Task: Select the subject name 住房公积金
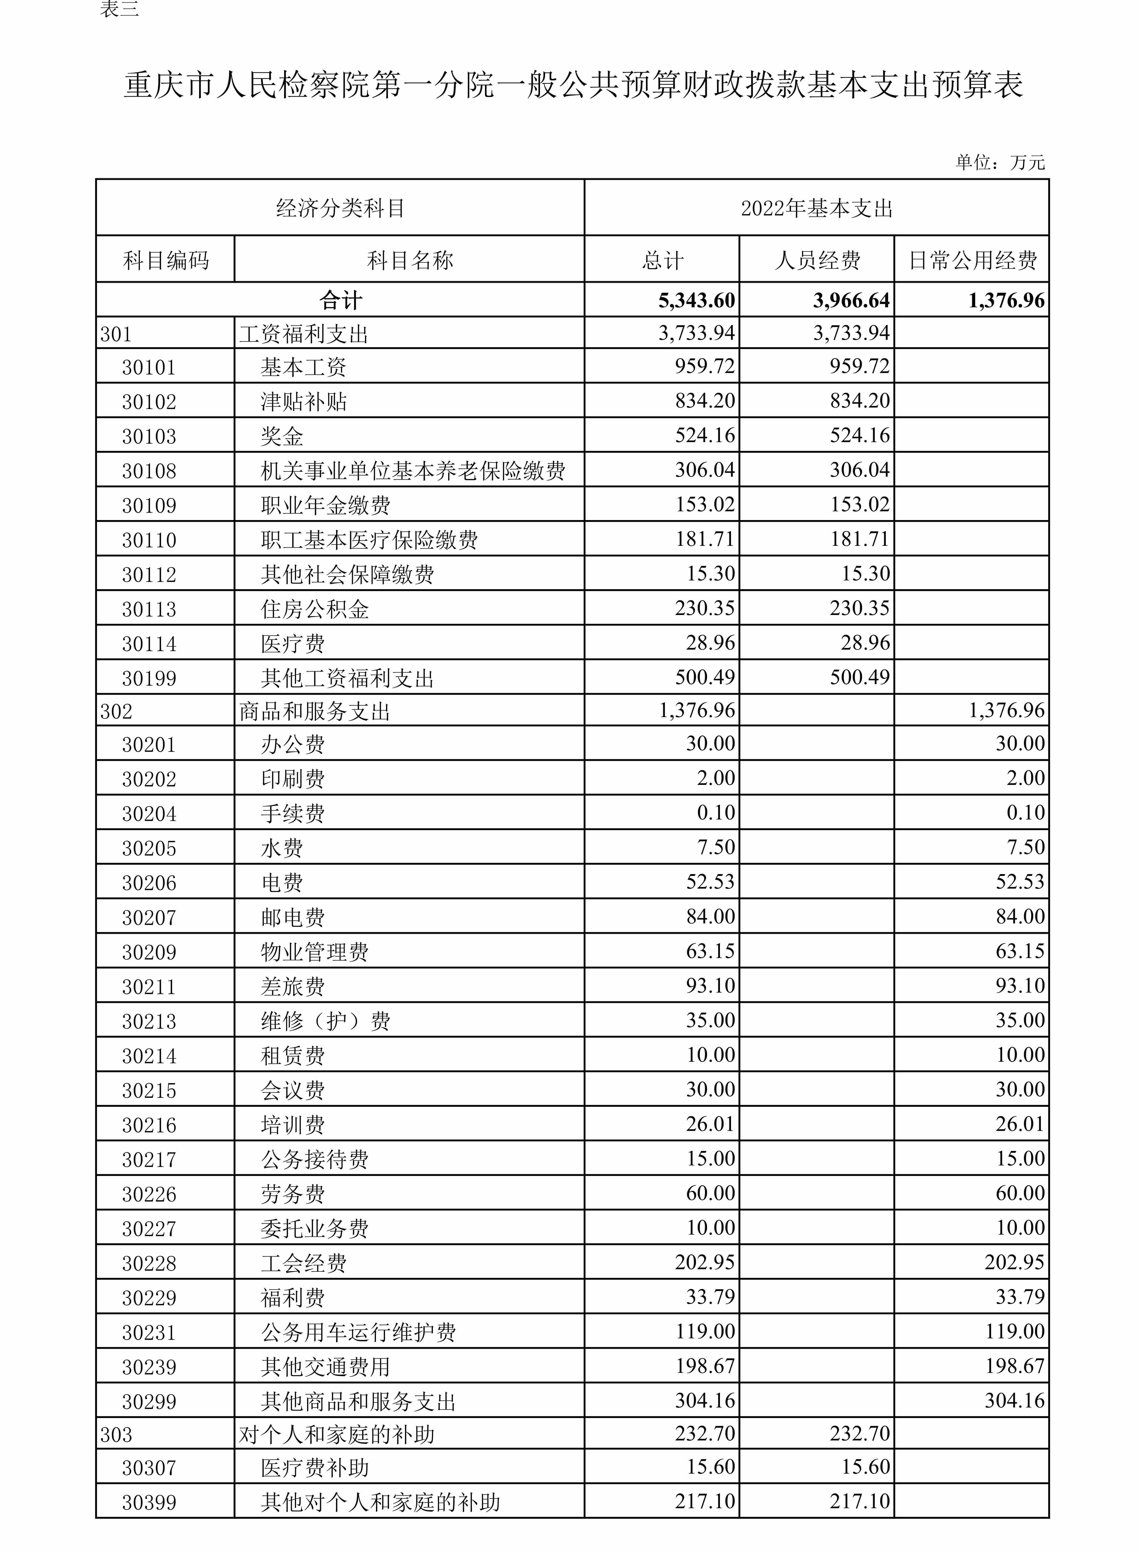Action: click(314, 609)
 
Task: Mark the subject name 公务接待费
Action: click(314, 1159)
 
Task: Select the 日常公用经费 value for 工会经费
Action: click(1014, 1262)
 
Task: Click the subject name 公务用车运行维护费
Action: click(358, 1332)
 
